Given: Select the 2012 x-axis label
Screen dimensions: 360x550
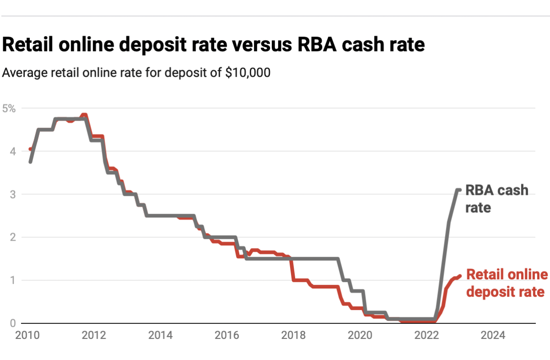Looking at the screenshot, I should pos(94,335).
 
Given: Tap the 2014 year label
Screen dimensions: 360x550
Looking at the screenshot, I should pos(160,335).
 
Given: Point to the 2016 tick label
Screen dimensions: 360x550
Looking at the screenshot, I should pos(227,335).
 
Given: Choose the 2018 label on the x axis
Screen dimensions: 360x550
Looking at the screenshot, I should pos(294,335).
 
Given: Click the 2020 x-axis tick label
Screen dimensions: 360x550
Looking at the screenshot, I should pos(360,335).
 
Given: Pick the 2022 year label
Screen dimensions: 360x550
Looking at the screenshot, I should pos(427,335).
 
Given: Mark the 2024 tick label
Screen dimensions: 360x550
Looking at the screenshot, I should pos(493,335).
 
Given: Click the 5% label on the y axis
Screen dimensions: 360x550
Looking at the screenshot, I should pos(9,109).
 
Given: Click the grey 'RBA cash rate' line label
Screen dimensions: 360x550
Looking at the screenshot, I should pos(497,199).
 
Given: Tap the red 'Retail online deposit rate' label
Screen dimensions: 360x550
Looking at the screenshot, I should pos(506,282).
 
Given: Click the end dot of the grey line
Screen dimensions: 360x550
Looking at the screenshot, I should pos(459,190).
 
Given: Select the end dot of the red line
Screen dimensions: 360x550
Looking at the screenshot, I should pos(459,276).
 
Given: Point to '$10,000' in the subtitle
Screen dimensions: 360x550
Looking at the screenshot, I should pos(247,73).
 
